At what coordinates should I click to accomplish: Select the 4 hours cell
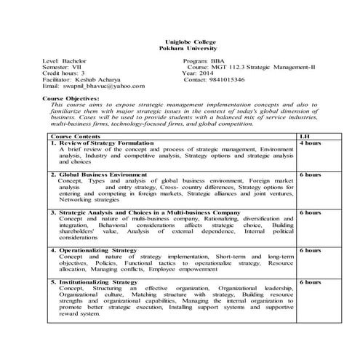point(309,143)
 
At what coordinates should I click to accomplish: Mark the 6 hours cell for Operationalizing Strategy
point(309,250)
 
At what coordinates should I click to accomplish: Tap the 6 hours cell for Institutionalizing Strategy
point(309,281)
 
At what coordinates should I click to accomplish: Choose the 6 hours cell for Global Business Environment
point(309,175)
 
